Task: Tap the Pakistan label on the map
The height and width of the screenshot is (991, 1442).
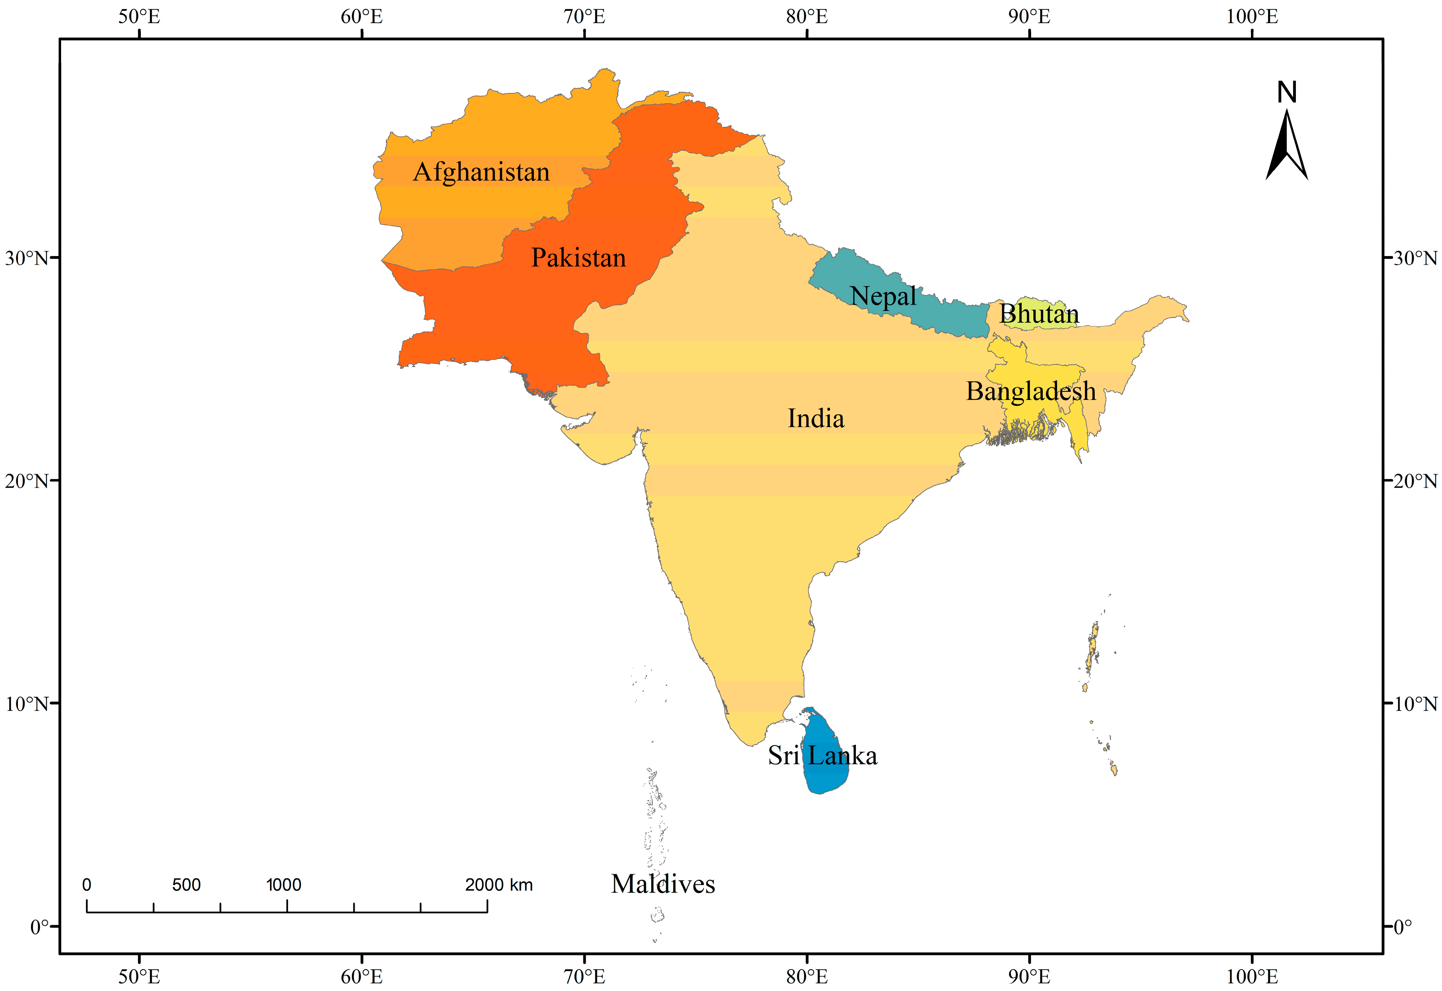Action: click(x=578, y=258)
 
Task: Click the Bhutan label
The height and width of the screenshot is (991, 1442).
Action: click(x=1038, y=314)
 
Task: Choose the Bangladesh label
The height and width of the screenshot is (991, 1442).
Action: click(x=1030, y=391)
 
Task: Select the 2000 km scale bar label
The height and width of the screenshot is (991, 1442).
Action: click(x=499, y=885)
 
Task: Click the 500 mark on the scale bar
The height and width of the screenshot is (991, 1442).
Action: click(x=186, y=885)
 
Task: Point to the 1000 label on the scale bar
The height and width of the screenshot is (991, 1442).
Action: click(x=284, y=885)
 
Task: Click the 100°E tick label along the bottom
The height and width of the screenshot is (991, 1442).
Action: click(x=1252, y=976)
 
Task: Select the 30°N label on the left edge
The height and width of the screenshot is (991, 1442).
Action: click(x=26, y=258)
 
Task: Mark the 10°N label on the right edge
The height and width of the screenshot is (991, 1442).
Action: click(x=1415, y=703)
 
